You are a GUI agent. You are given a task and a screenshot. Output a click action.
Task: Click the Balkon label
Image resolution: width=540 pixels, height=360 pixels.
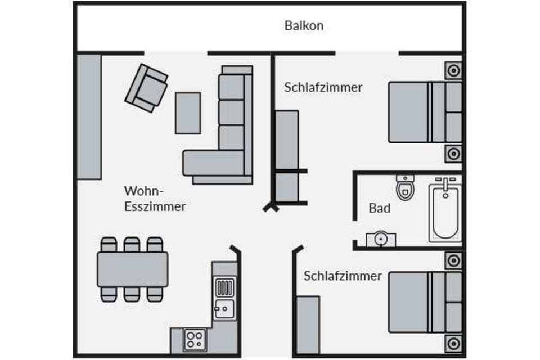[304, 26]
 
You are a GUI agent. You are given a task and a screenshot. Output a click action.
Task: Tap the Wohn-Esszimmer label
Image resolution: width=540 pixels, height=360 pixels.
[155, 198]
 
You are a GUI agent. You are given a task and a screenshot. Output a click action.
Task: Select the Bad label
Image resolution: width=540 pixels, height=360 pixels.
[380, 208]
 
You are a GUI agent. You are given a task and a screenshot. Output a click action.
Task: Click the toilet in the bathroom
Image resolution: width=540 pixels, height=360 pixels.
[404, 187]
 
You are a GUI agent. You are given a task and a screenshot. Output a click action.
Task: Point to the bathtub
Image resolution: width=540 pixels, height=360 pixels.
[445, 210]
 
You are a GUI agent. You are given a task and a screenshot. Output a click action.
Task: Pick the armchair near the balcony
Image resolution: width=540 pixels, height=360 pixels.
[146, 88]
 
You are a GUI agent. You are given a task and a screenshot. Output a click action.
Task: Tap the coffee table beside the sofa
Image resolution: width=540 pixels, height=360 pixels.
[188, 112]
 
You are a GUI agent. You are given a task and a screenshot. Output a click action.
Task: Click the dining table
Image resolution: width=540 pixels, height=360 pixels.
[133, 269]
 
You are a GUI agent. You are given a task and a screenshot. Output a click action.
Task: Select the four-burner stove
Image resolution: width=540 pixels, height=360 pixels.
[195, 339]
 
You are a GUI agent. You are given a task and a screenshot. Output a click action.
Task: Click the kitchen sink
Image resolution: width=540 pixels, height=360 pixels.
[224, 307]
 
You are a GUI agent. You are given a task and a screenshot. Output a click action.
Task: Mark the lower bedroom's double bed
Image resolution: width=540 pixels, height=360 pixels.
[425, 301]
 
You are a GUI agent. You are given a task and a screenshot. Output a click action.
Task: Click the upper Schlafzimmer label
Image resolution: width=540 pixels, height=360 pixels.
[323, 87]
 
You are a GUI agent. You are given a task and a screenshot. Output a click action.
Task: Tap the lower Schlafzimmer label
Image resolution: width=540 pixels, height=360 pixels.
[343, 276]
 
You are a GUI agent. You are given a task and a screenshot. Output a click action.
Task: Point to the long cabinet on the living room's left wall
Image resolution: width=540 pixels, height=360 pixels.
[89, 116]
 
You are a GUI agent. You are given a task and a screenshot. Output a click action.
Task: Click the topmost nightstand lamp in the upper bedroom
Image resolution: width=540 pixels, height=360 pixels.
[453, 71]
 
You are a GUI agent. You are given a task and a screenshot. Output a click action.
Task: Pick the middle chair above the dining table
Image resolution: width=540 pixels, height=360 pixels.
[132, 244]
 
